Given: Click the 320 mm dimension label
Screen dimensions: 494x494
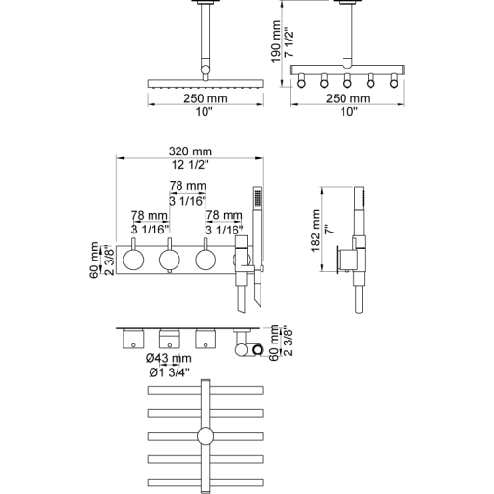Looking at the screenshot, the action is click(190, 151).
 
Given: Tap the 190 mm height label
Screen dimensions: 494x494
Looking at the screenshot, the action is click(276, 41).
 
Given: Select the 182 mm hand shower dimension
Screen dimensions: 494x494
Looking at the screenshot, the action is click(316, 231).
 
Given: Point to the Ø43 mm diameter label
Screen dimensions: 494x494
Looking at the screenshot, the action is click(168, 358).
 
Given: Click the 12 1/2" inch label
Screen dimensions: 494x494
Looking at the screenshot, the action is click(190, 165).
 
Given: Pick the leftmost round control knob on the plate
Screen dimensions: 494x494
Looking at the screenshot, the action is click(133, 260).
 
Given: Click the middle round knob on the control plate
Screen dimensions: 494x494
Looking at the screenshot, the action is click(170, 260).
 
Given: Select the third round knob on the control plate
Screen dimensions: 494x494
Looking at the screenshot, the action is click(206, 260).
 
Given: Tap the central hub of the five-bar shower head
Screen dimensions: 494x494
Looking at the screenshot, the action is click(206, 436).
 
